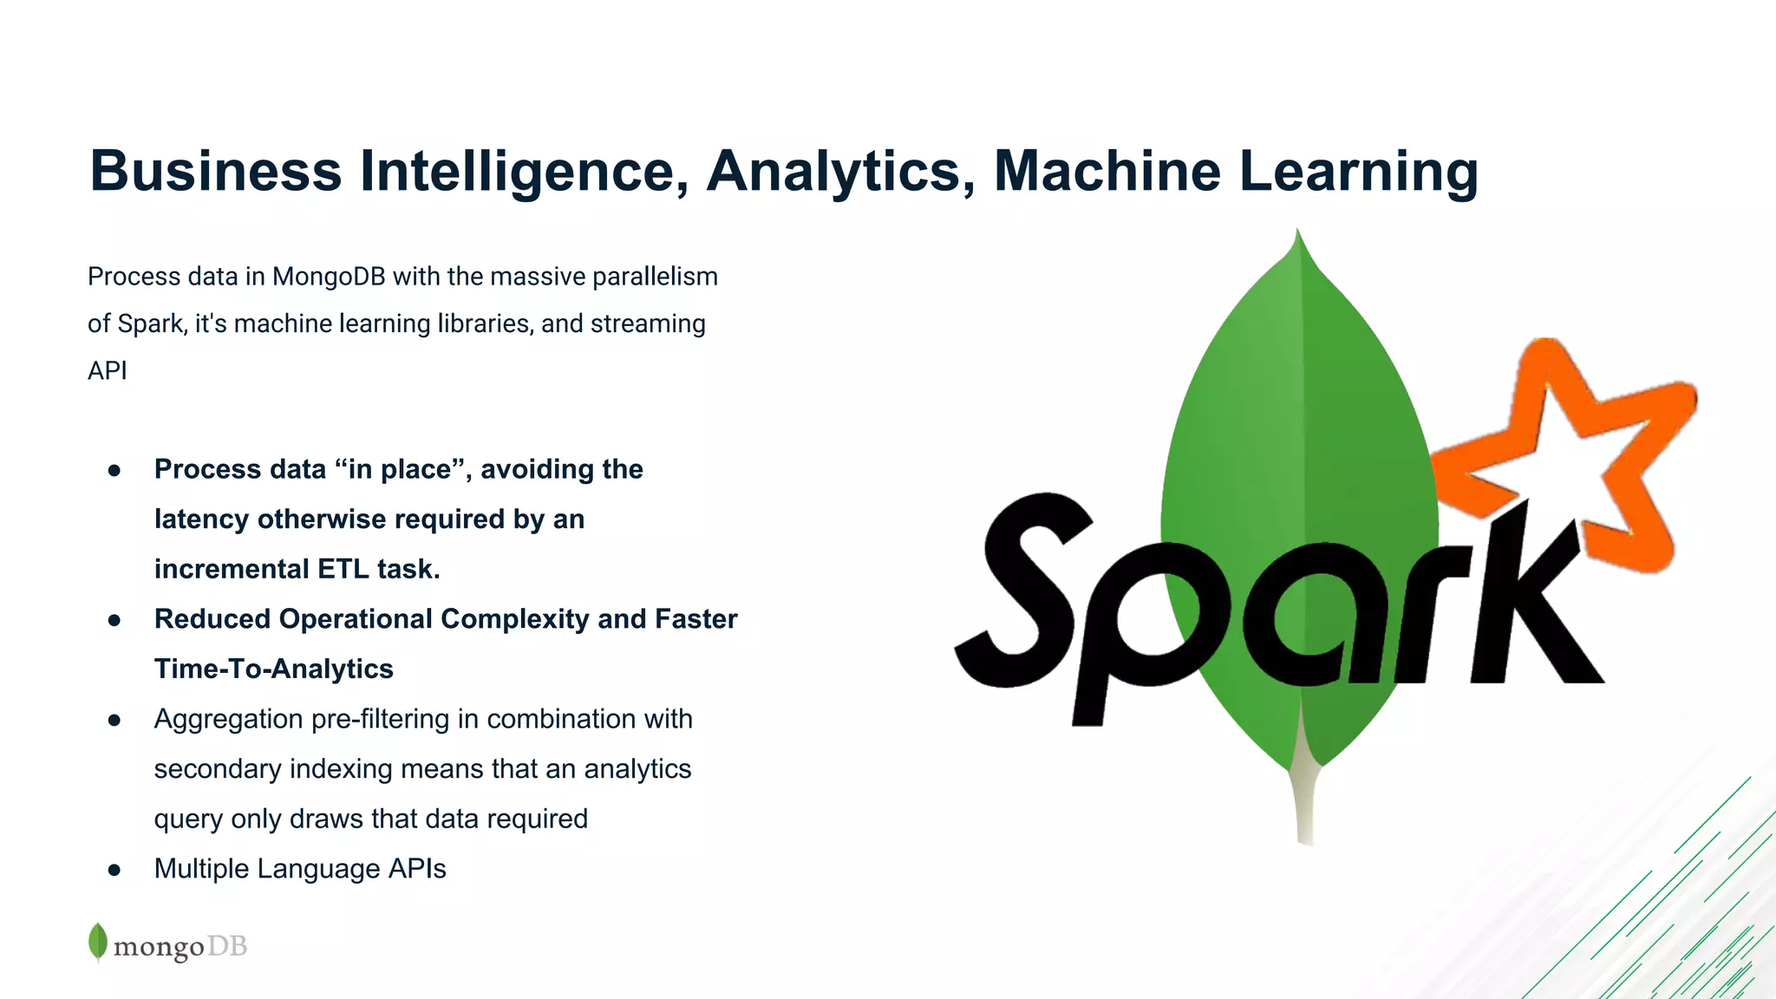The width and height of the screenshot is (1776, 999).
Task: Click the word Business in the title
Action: pos(216,171)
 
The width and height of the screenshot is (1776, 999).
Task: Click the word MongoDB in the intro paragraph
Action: pos(329,277)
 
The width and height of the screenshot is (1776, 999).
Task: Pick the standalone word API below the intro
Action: pos(108,371)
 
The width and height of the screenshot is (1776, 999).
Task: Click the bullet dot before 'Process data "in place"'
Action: pos(114,471)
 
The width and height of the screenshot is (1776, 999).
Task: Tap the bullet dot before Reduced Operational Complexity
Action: pos(114,621)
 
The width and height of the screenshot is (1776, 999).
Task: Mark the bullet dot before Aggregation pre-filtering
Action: pos(114,721)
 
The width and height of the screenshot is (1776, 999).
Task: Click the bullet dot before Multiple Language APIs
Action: pos(114,871)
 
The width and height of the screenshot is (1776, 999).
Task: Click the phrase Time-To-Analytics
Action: pos(273,669)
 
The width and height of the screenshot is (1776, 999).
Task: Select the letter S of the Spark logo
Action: pos(1023,590)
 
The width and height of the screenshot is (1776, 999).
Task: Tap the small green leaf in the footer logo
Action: pos(98,942)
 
